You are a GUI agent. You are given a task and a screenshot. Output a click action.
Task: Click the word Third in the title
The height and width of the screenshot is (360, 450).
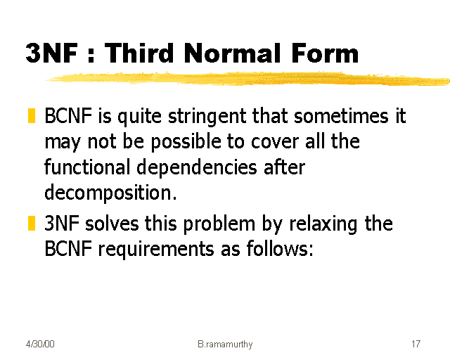[x=147, y=53]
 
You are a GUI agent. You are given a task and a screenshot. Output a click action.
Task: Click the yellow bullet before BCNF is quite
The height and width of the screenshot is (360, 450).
[x=32, y=116]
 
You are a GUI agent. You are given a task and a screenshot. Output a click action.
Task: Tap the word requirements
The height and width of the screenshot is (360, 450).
[x=155, y=250]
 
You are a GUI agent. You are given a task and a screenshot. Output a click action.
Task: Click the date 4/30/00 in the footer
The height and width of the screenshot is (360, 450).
[x=40, y=345]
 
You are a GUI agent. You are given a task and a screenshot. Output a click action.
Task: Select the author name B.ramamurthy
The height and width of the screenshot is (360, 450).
[x=225, y=345]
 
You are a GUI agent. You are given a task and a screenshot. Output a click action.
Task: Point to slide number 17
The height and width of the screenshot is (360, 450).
[x=416, y=345]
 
